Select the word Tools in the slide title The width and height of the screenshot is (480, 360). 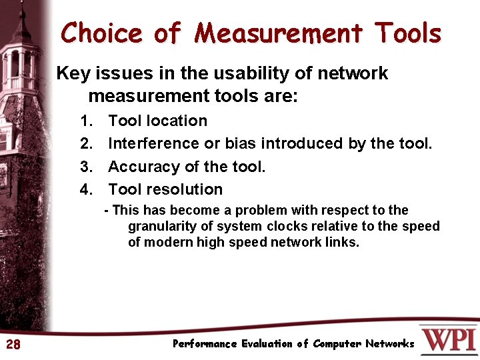pyautogui.click(x=407, y=33)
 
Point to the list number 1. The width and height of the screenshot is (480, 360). pyautogui.click(x=85, y=121)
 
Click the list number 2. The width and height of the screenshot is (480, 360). pyautogui.click(x=85, y=143)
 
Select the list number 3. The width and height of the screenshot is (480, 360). pyautogui.click(x=85, y=167)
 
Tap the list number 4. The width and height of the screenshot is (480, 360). pyautogui.click(x=85, y=189)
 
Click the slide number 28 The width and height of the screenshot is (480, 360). pyautogui.click(x=13, y=344)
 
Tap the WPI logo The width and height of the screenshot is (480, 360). pyautogui.click(x=448, y=339)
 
